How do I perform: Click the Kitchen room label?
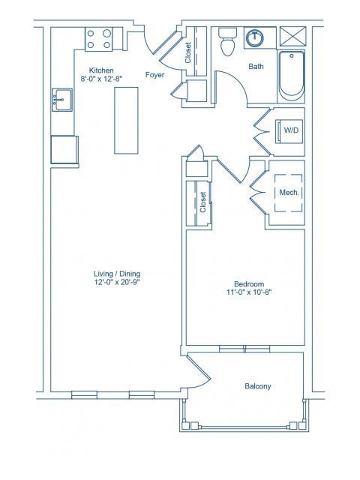[x=101, y=70]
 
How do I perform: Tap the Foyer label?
[x=155, y=75]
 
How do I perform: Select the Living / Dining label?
[x=112, y=274]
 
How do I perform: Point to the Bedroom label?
[x=248, y=283]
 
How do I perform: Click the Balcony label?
[x=258, y=386]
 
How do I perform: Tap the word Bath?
[x=256, y=67]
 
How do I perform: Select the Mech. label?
[x=289, y=192]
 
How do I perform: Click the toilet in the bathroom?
[x=229, y=44]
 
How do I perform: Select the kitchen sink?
[x=61, y=99]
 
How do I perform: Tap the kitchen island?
[x=126, y=120]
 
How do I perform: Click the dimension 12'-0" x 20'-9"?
[x=112, y=283]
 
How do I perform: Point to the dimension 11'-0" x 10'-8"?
[x=248, y=293]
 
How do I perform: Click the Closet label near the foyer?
[x=187, y=52]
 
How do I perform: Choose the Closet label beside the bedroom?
[x=202, y=202]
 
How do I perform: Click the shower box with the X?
[x=291, y=35]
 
